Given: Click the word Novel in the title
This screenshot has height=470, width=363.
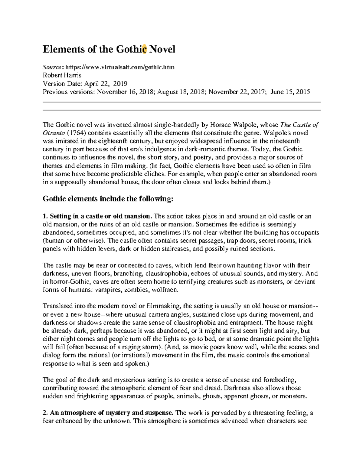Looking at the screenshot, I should (x=162, y=49).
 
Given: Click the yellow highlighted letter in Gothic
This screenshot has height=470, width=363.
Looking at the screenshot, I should (x=144, y=49).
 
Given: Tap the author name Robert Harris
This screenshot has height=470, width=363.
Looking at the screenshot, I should (x=62, y=75).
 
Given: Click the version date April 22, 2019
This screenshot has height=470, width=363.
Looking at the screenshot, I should (x=106, y=84).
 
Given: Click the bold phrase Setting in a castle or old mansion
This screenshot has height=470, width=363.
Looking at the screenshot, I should (x=100, y=216).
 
